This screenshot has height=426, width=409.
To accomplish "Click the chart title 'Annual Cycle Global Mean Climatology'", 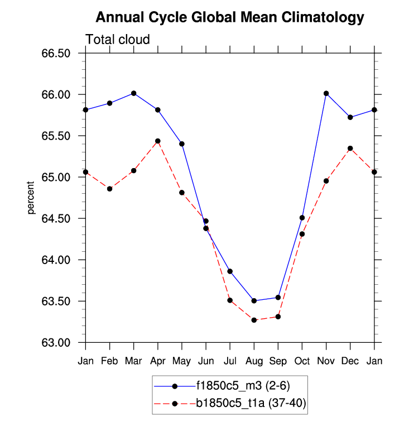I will click(x=229, y=18).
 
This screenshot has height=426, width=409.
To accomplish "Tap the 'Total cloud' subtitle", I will click(x=118, y=40).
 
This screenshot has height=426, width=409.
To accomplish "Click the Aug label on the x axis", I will click(x=254, y=361).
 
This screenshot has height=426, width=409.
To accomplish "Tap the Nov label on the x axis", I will click(x=326, y=361).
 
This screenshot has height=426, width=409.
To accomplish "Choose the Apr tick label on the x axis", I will click(x=158, y=361).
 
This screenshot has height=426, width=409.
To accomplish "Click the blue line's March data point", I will click(x=134, y=93).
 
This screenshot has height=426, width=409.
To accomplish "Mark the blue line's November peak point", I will click(x=326, y=93).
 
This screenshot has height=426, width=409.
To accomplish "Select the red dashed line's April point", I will click(x=158, y=141).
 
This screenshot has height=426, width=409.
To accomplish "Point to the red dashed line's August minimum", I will click(x=254, y=320).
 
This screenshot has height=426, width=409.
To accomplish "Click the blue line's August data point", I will click(x=254, y=301).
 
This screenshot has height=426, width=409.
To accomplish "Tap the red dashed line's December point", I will click(x=350, y=149).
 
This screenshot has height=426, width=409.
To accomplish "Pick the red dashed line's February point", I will click(x=110, y=189).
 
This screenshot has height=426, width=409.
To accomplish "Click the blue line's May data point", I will click(x=182, y=143).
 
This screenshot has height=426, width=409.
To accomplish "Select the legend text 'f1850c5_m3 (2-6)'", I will click(x=242, y=385).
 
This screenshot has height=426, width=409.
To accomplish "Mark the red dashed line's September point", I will click(x=278, y=317).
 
